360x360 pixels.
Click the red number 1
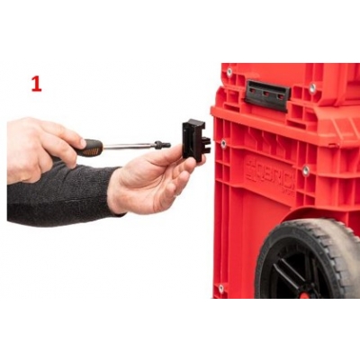(36, 84)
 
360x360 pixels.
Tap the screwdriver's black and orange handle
(88, 148)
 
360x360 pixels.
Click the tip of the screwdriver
(166, 144)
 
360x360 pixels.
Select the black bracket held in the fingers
(193, 139)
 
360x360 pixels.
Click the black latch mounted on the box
(266, 93)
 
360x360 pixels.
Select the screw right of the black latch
(312, 88)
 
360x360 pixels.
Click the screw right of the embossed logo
(305, 170)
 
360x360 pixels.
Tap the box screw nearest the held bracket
(222, 143)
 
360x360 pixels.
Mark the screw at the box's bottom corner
(220, 289)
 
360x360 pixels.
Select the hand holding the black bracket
(148, 180)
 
